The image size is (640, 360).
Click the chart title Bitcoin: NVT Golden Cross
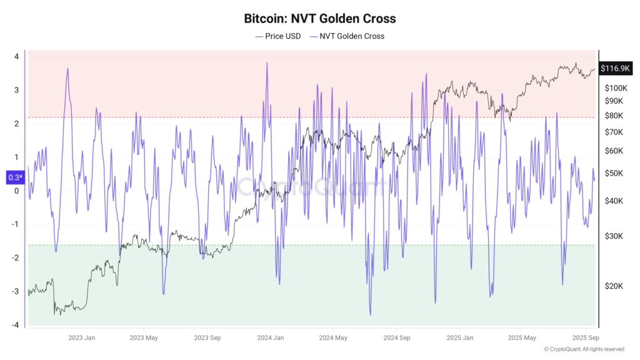[319, 19]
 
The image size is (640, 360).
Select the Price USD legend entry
[277, 36]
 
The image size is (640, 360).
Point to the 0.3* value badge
[14, 177]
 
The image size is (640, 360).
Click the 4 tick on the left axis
[16, 56]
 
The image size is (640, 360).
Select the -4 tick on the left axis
[15, 324]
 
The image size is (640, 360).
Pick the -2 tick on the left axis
[15, 257]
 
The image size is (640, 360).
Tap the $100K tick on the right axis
[616, 88]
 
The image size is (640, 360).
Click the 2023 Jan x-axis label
[81, 338]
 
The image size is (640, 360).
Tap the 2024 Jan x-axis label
[269, 338]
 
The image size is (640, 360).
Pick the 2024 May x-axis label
[332, 338]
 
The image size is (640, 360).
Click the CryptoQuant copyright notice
[584, 349]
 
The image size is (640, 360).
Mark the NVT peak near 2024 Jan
[267, 63]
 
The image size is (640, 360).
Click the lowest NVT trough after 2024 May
[370, 314]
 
